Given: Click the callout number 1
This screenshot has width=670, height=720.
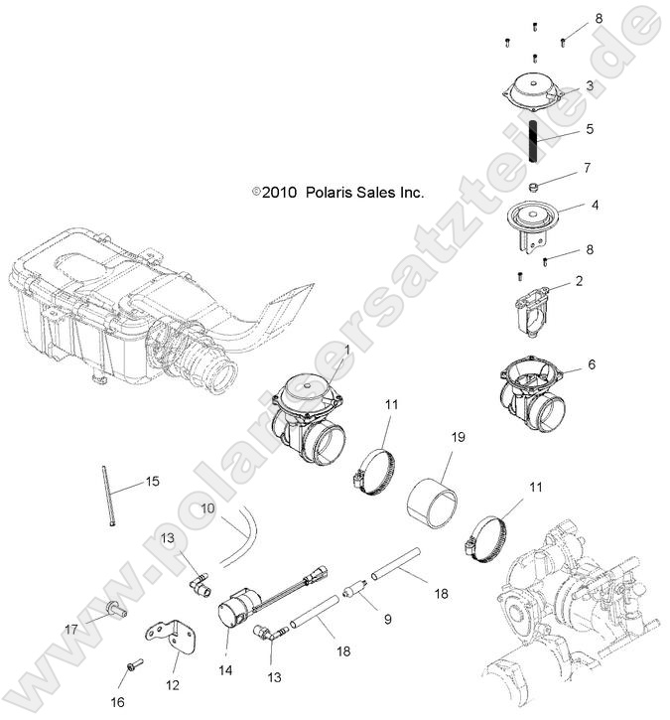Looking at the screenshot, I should point(346,350).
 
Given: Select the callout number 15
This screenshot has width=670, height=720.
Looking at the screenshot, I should point(152,482).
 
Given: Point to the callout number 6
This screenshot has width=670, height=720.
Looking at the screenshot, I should point(592,364).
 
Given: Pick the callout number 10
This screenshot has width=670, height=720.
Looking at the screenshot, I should point(207,507).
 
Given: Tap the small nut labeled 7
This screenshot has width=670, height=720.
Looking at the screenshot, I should point(534,186).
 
